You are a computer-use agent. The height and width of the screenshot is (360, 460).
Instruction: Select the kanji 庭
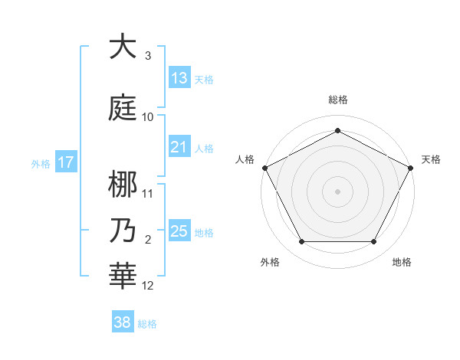(123, 106)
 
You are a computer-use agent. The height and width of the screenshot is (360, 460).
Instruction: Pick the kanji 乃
(123, 230)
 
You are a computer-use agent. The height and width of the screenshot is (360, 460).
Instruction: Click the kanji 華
(123, 275)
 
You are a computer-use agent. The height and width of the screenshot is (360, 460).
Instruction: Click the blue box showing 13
(179, 78)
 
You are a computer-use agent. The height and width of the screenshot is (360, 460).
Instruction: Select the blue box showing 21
(179, 148)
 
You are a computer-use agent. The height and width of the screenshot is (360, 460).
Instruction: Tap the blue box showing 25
(179, 231)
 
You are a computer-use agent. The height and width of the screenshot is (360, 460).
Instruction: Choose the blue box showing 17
(65, 162)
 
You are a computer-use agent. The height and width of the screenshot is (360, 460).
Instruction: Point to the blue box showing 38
(123, 323)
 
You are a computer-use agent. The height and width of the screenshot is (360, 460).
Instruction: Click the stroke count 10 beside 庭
(148, 117)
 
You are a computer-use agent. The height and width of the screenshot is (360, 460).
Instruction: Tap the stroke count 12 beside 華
(148, 286)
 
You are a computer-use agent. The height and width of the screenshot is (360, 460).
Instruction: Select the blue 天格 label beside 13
(204, 79)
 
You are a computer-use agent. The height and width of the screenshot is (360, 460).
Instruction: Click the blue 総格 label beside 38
(147, 324)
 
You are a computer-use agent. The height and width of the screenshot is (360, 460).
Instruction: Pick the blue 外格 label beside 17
(40, 163)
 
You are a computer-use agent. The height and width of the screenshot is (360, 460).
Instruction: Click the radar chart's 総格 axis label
(338, 100)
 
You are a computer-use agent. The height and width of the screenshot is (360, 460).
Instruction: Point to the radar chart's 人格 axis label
(245, 159)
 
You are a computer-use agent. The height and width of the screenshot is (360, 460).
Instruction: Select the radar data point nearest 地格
(374, 242)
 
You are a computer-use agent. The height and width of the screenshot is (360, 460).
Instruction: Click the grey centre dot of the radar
(338, 191)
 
